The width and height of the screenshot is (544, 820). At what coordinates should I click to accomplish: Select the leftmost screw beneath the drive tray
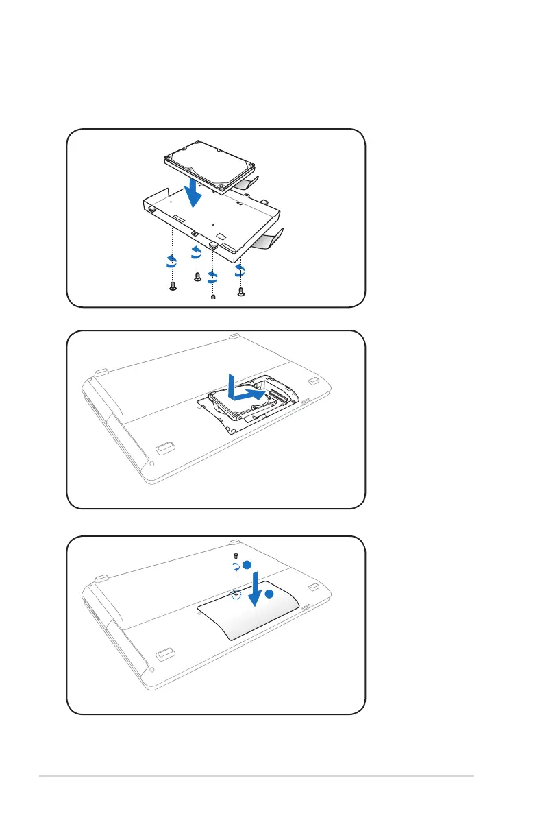pyautogui.click(x=173, y=286)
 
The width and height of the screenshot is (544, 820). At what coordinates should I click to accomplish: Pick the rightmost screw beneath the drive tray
pyautogui.click(x=241, y=291)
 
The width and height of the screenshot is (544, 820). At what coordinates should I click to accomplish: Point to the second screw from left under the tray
pyautogui.click(x=197, y=276)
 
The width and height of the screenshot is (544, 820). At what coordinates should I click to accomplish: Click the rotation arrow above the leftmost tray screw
pyautogui.click(x=172, y=261)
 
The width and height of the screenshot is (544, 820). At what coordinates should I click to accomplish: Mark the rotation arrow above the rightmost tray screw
pyautogui.click(x=240, y=271)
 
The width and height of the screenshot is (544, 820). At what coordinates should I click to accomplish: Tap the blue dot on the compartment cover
pyautogui.click(x=269, y=594)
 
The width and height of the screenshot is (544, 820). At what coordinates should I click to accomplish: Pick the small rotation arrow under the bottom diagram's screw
pyautogui.click(x=236, y=566)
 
